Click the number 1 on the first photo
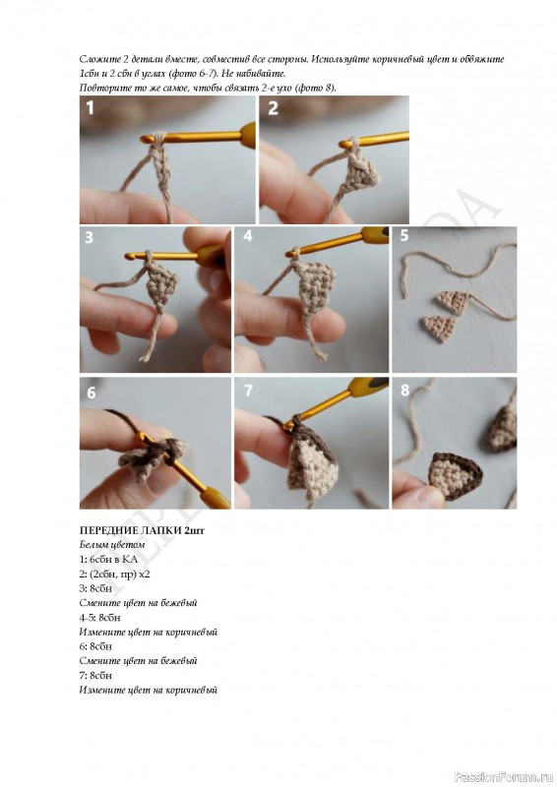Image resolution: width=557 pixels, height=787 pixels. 90,108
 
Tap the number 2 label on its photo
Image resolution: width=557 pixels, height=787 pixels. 273,108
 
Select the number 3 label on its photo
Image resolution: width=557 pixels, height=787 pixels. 89,237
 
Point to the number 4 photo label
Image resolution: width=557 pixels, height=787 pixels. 248,235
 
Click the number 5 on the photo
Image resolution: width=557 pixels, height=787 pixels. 404,235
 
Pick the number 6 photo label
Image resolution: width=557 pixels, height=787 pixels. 91,393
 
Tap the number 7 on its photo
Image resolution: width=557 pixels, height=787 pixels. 248,391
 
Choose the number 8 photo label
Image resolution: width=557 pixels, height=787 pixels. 404,390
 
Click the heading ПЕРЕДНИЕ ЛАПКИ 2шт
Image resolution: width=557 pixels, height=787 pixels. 142,530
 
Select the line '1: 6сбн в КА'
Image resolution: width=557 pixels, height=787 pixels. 108,559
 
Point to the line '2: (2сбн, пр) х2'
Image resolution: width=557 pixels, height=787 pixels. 114,574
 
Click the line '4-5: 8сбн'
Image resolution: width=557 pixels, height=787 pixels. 100,618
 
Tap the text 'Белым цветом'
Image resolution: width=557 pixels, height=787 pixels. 112,545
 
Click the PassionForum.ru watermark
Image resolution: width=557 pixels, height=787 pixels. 504,777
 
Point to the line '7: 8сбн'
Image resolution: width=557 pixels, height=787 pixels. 95,675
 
